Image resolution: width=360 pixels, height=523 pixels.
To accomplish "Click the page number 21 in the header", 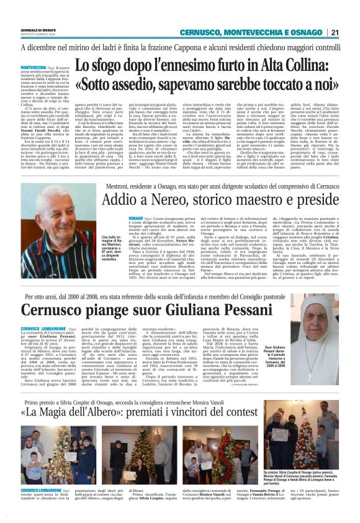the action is pyautogui.click(x=335, y=32).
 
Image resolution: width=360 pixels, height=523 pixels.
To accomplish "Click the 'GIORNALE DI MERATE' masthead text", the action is pyautogui.click(x=40, y=29).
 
